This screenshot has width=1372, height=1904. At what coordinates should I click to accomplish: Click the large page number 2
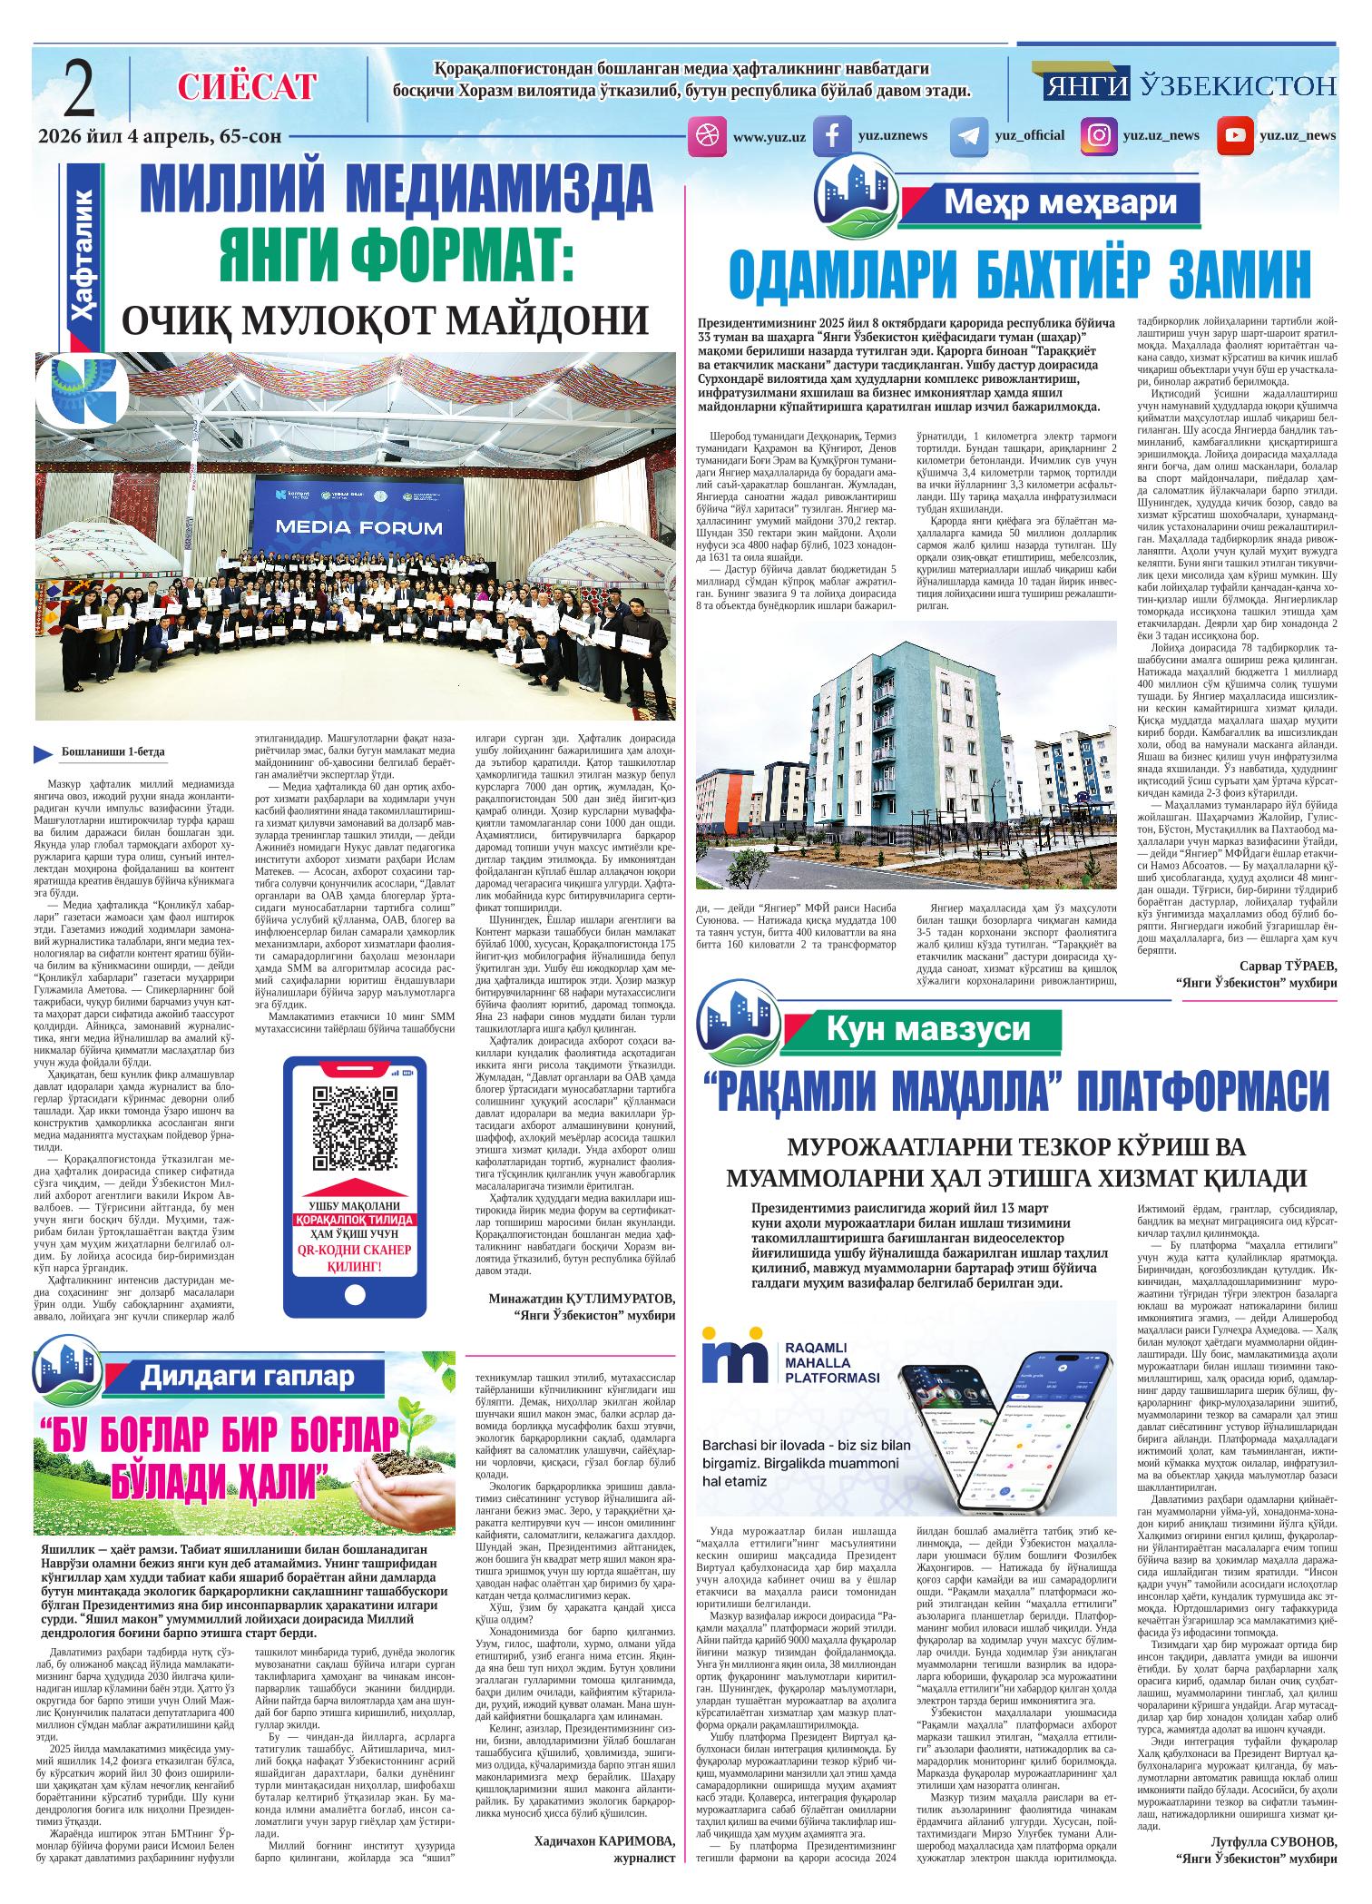80,88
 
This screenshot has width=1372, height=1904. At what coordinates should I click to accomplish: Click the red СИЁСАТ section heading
247,87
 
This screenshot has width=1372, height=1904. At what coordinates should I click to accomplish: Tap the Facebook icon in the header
830,136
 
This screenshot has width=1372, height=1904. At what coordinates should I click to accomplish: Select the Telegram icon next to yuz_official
968,136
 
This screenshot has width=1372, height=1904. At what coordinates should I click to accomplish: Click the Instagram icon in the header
1098,136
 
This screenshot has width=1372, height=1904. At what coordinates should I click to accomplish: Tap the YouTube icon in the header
1235,136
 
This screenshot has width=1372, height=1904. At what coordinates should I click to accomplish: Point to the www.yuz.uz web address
769,136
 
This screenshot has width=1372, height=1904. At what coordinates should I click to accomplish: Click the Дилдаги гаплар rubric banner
247,1377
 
